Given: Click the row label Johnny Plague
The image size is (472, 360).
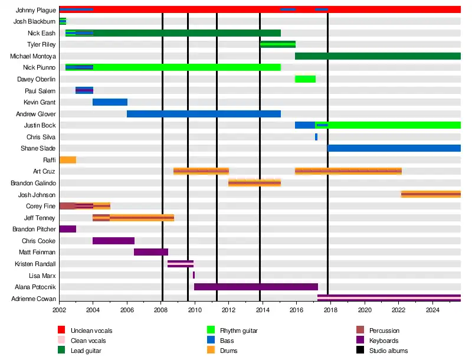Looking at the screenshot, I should click(x=36, y=10).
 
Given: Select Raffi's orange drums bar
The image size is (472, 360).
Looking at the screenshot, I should click(x=67, y=160).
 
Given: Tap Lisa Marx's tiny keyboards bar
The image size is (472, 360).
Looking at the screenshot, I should click(x=194, y=275).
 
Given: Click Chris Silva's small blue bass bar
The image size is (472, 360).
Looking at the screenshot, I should click(x=316, y=137).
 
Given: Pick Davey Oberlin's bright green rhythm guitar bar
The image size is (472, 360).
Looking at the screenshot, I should click(x=306, y=79).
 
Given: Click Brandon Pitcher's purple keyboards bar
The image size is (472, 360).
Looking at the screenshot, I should click(x=67, y=229).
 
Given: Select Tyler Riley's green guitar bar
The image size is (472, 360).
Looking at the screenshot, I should click(x=278, y=44).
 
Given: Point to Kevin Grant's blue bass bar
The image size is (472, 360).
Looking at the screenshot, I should click(x=110, y=102).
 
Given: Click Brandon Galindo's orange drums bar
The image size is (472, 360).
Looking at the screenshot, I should click(x=254, y=183).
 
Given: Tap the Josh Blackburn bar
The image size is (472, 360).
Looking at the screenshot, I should click(x=63, y=21).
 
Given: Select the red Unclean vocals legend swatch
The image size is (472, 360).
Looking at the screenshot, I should click(x=61, y=330).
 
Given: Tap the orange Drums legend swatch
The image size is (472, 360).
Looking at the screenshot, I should click(x=211, y=351).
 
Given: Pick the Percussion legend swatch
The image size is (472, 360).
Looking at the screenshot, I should click(x=360, y=330).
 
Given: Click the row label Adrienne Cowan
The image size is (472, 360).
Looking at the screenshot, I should click(x=34, y=299).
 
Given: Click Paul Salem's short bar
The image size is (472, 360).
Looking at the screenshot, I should click(x=84, y=90).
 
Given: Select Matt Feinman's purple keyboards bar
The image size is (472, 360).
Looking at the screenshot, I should click(x=151, y=252).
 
